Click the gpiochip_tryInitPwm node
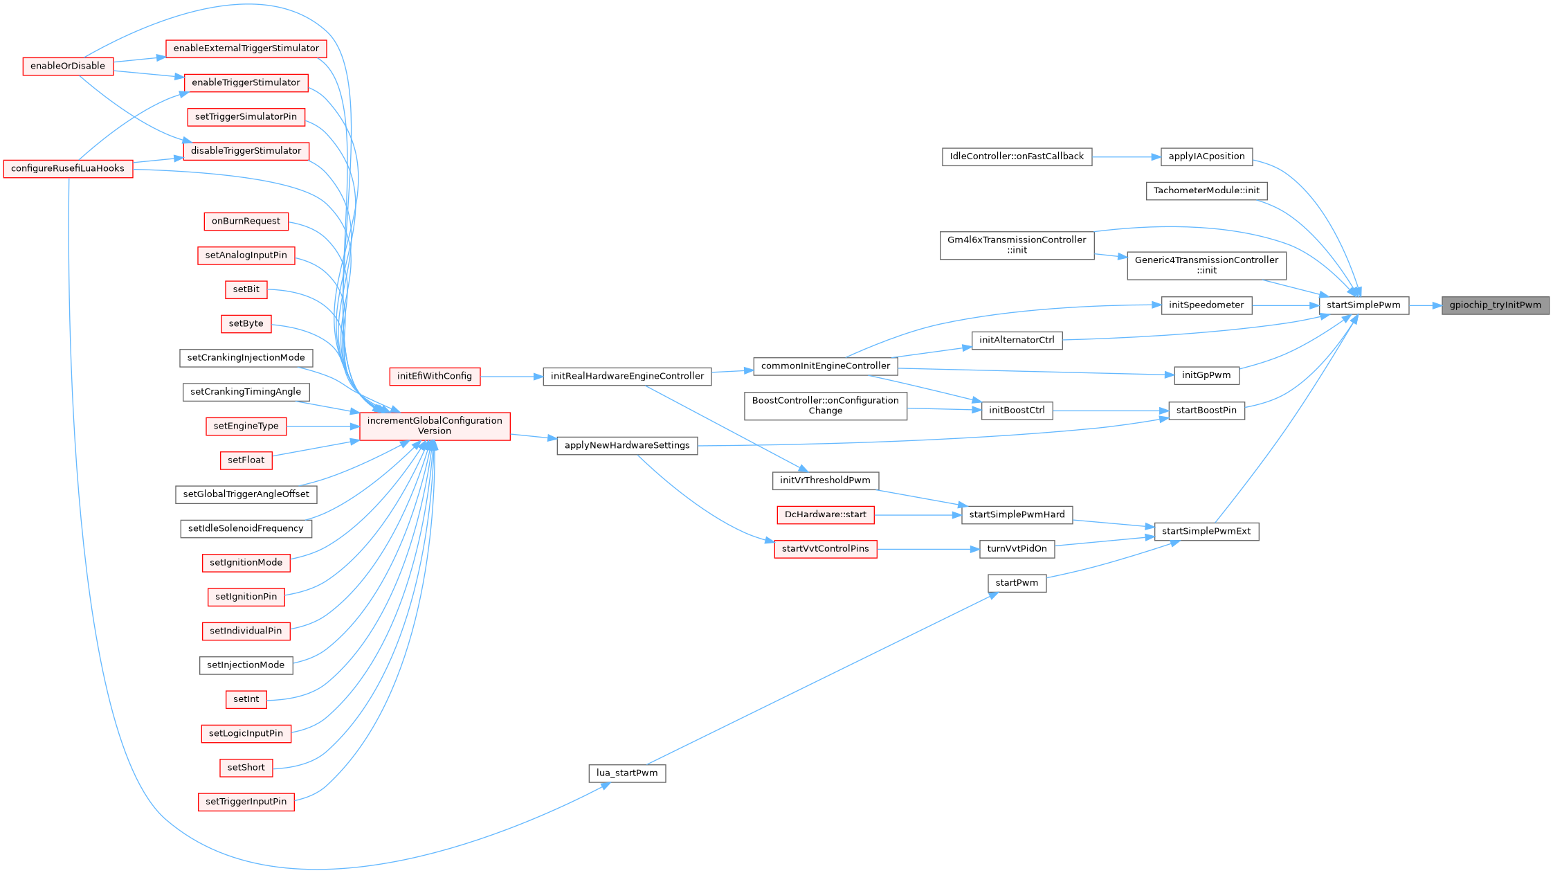1495,305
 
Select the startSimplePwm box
1363,305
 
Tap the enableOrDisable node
68,66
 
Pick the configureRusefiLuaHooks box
68,169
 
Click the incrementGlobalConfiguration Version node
435,426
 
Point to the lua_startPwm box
627,773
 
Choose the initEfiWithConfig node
435,377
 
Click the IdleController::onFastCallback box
1017,156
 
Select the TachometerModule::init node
1206,190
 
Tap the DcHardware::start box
825,515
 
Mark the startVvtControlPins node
825,549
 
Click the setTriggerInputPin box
246,802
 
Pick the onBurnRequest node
246,222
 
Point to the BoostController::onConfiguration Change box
825,406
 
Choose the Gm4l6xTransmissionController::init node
1017,245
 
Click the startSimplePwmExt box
1206,532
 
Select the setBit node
246,289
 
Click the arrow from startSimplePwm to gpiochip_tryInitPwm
1425,305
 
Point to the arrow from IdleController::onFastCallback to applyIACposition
1126,157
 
